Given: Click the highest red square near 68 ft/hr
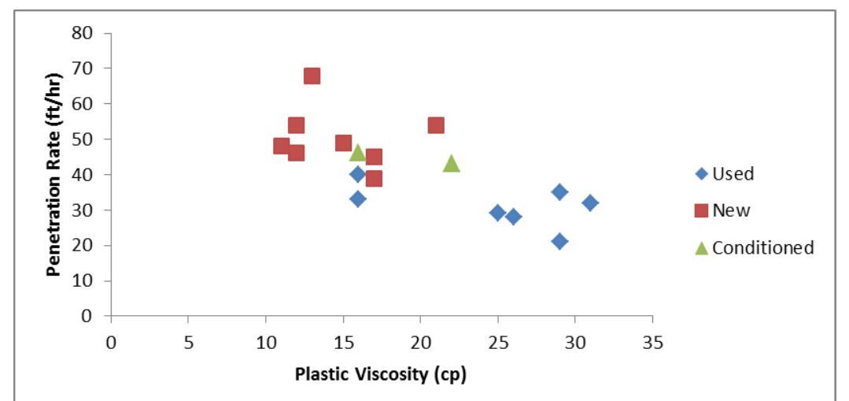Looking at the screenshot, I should coord(312,76).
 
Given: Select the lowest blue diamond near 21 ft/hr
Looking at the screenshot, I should coord(559,241).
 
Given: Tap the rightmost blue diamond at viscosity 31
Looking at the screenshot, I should coord(590,202).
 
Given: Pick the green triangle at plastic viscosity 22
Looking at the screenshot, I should coord(451,163).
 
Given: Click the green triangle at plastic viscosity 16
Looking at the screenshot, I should coord(358,152).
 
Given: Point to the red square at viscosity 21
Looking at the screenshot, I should coord(436,125).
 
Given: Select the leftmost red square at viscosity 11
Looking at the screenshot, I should coord(281,146).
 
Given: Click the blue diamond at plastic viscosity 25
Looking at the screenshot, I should coord(497,213).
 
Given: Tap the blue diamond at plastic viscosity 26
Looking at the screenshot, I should coord(513,217).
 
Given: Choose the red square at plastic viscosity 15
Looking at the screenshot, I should coord(343,143).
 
